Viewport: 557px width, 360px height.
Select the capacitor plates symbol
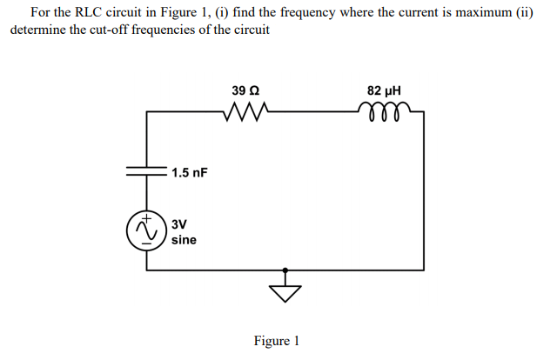point(146,171)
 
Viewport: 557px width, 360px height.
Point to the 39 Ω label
point(245,90)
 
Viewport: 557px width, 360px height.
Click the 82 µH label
point(384,90)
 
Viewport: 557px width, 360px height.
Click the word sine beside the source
point(184,238)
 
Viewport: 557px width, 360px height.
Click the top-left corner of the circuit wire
point(146,111)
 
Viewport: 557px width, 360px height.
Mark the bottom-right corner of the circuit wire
point(424,270)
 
